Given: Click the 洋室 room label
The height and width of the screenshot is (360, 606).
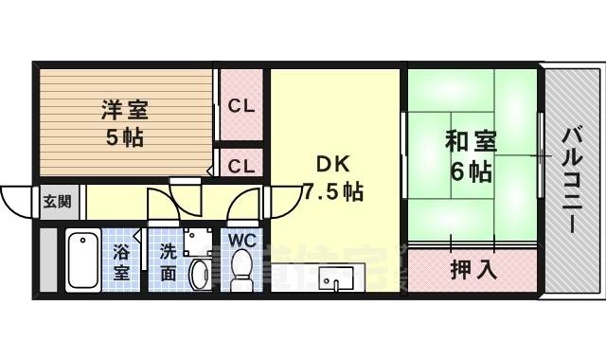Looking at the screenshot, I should (x=123, y=109).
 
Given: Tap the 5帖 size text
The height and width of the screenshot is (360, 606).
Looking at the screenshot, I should (x=123, y=137).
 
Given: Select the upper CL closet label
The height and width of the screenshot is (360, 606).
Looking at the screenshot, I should (x=241, y=106).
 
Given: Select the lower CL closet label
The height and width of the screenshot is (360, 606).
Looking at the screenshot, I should (x=241, y=165).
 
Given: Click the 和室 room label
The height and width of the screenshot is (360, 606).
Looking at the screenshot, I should (x=471, y=141).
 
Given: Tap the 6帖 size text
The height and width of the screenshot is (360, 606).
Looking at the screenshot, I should (x=471, y=172).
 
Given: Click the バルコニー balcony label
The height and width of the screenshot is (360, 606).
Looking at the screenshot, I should (x=570, y=180).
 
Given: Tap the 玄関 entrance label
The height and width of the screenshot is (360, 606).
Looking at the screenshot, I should (x=56, y=201).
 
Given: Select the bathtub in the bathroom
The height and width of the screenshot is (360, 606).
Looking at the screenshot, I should (x=83, y=261).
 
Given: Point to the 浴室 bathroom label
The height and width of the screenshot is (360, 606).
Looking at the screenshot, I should (x=121, y=261).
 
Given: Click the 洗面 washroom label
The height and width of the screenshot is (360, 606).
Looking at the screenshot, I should (x=167, y=262).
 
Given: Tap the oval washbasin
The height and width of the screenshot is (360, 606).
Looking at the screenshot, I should (x=200, y=276).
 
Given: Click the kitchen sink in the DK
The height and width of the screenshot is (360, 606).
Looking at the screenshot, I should (x=336, y=279).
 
